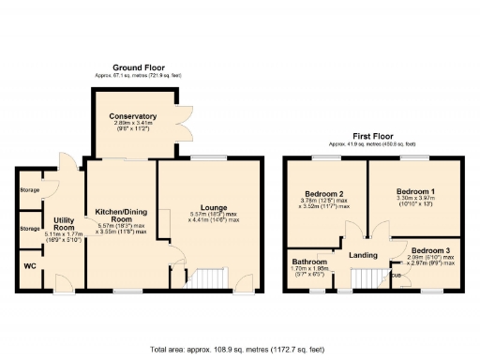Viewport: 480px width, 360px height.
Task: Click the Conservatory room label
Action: tap(132, 116)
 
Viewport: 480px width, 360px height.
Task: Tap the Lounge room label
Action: tap(214, 206)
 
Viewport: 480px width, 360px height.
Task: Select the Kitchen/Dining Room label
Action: tap(121, 215)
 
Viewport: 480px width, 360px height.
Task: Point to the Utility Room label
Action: tap(63, 224)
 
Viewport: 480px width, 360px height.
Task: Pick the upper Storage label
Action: tap(29, 190)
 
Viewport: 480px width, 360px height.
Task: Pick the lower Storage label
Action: tap(29, 227)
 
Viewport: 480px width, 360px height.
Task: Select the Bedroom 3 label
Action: tap(430, 250)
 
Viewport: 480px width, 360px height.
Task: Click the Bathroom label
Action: tap(308, 262)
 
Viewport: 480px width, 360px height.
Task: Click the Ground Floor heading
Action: tap(140, 68)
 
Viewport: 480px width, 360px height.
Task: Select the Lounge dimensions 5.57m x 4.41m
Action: tap(214, 217)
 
